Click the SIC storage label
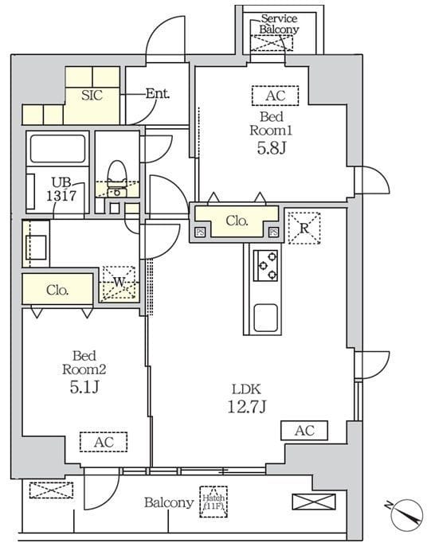click(92, 95)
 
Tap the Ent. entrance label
click(158, 93)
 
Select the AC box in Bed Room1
click(275, 96)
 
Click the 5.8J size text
click(272, 148)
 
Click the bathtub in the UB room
click(58, 148)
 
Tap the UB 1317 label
click(61, 189)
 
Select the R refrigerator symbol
click(304, 228)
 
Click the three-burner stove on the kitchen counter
click(265, 265)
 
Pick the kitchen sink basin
click(266, 318)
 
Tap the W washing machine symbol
click(119, 283)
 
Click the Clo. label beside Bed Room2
click(57, 290)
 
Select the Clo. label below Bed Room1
click(237, 221)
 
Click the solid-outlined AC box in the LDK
click(304, 431)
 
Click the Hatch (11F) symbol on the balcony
click(213, 502)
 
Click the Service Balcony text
click(279, 24)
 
